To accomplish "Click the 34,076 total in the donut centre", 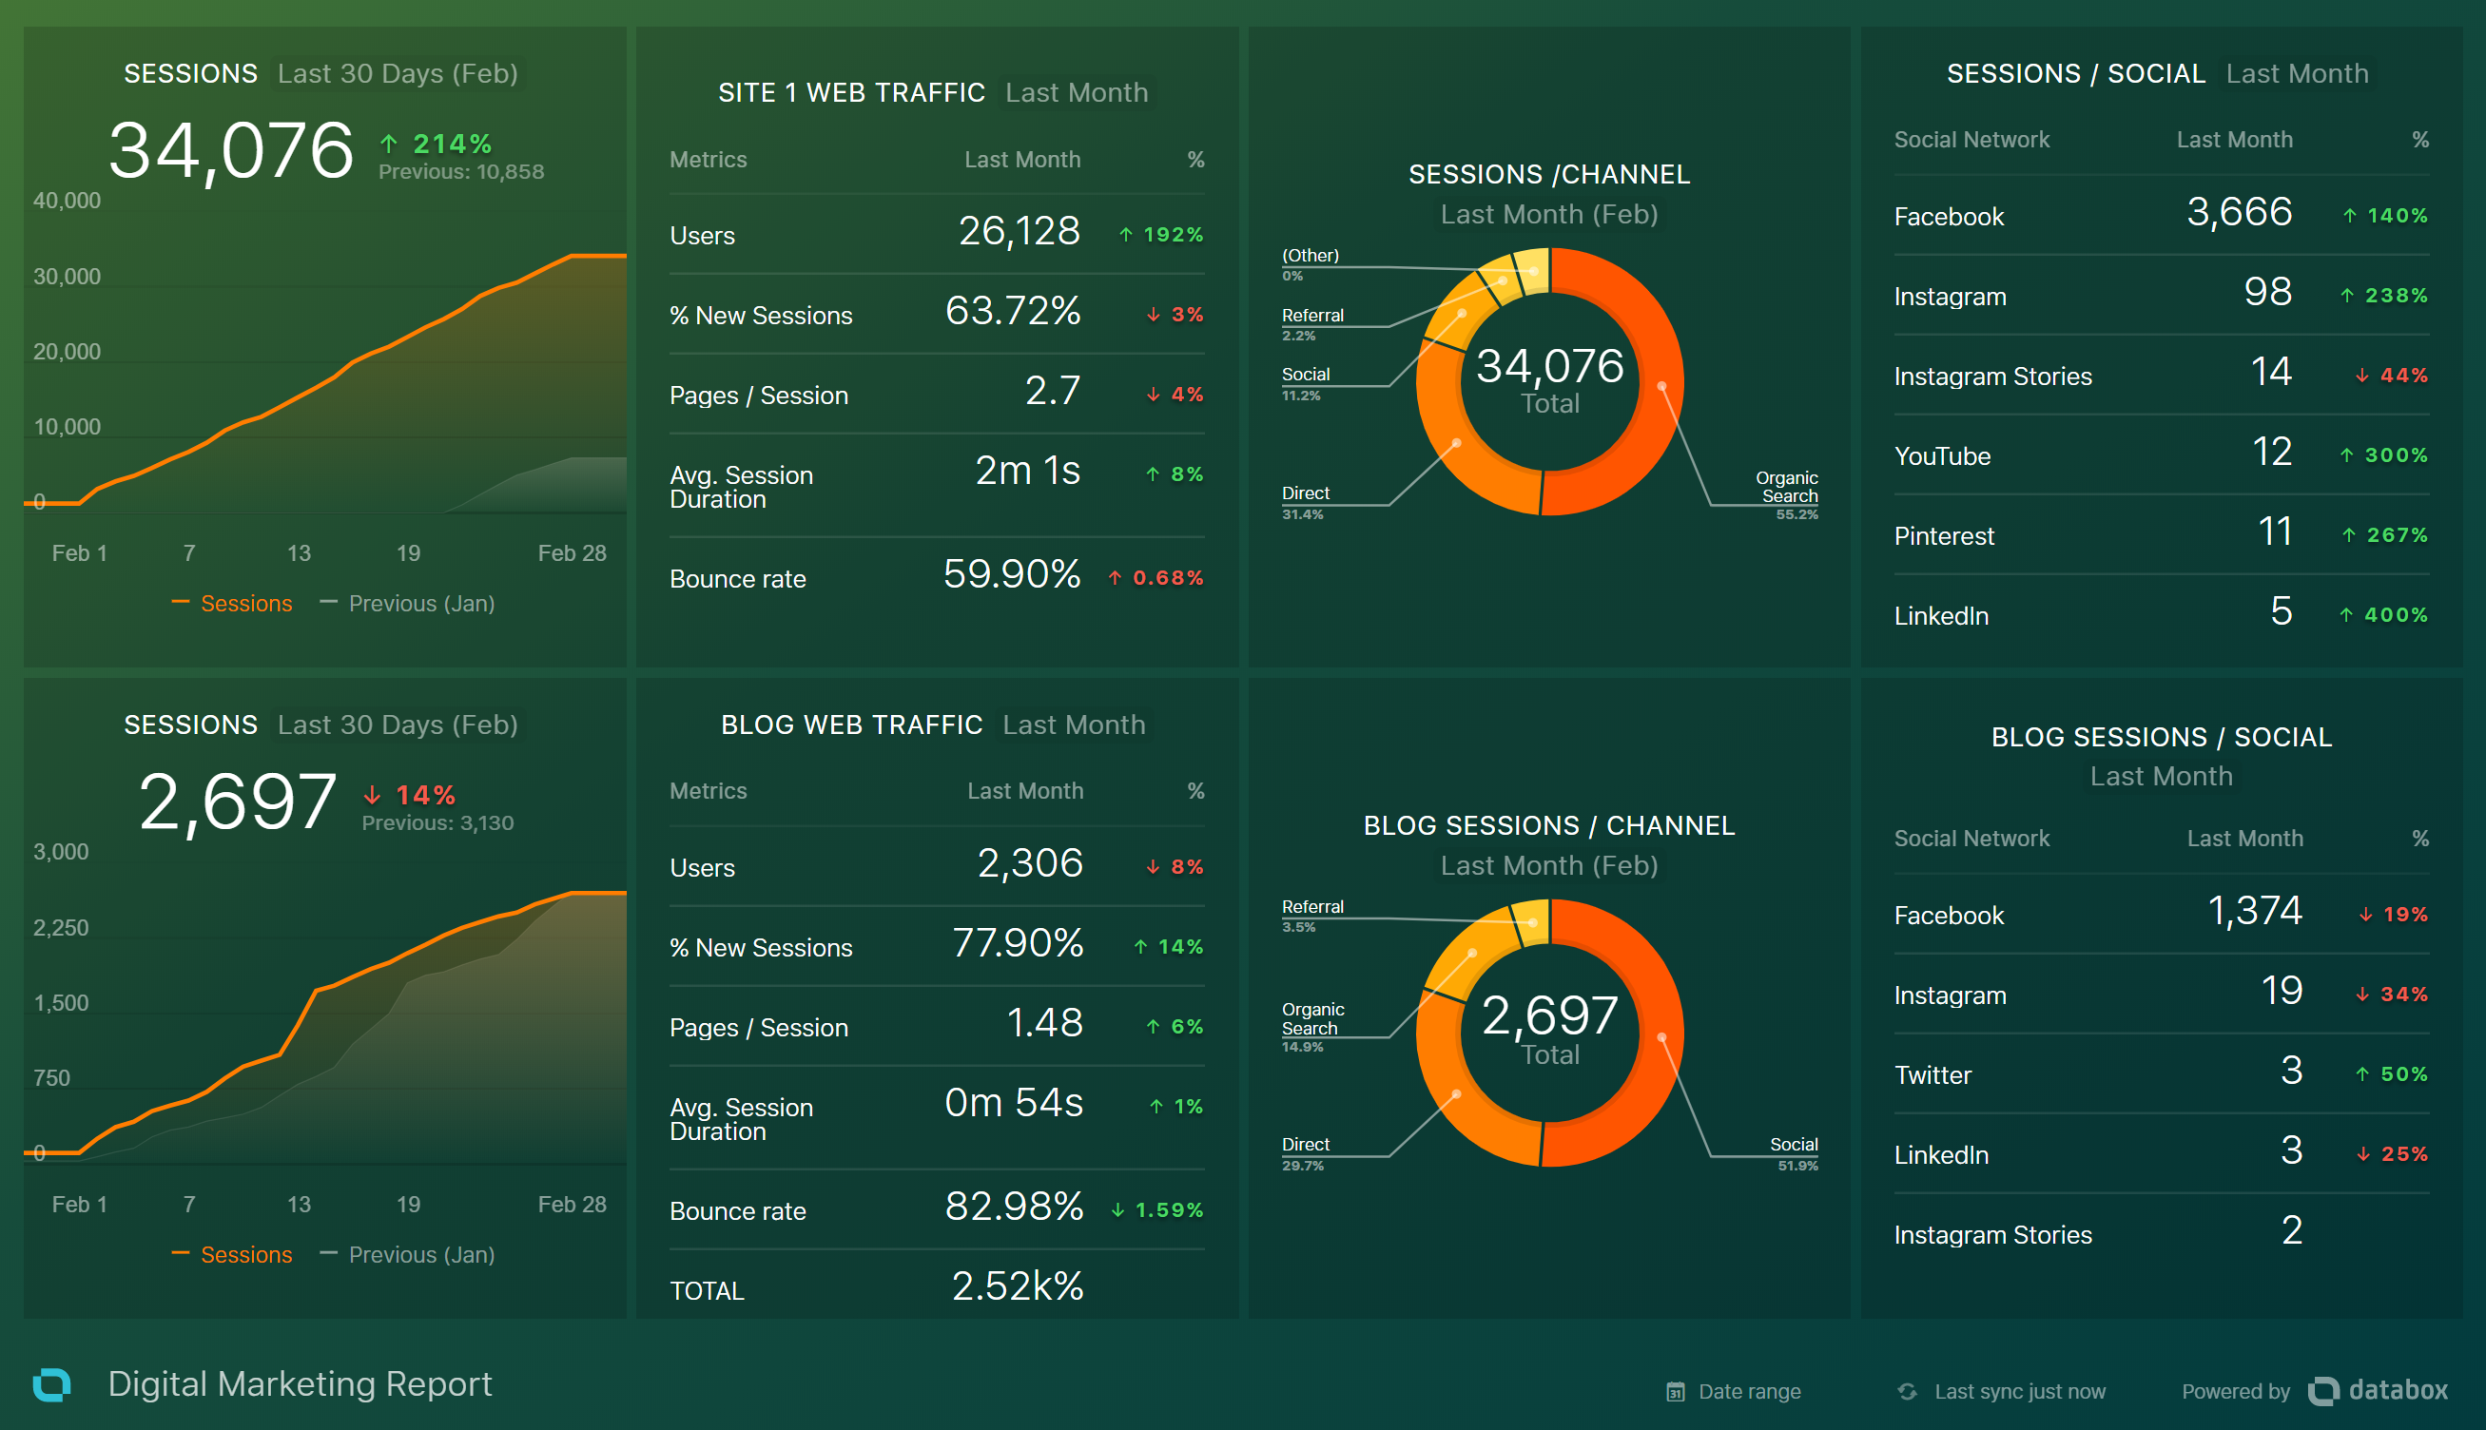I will point(1549,367).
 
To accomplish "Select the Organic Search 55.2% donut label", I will point(1788,494).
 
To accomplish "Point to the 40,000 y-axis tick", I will point(67,202).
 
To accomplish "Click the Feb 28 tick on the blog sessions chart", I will point(572,1204).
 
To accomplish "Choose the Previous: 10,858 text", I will point(460,172).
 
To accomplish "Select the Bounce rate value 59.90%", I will point(1011,574).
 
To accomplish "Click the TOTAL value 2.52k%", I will point(1017,1286).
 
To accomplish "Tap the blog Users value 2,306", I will point(1029,864).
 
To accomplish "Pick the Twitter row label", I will point(1932,1075).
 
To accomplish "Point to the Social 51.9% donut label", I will point(1794,1153).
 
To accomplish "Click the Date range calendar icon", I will point(1676,1392).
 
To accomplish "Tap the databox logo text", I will point(2397,1391).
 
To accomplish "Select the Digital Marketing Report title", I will point(300,1383).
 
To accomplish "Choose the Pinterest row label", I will point(1944,536).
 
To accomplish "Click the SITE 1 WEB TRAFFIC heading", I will point(850,93).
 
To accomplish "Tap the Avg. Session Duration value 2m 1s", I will point(1026,472).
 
